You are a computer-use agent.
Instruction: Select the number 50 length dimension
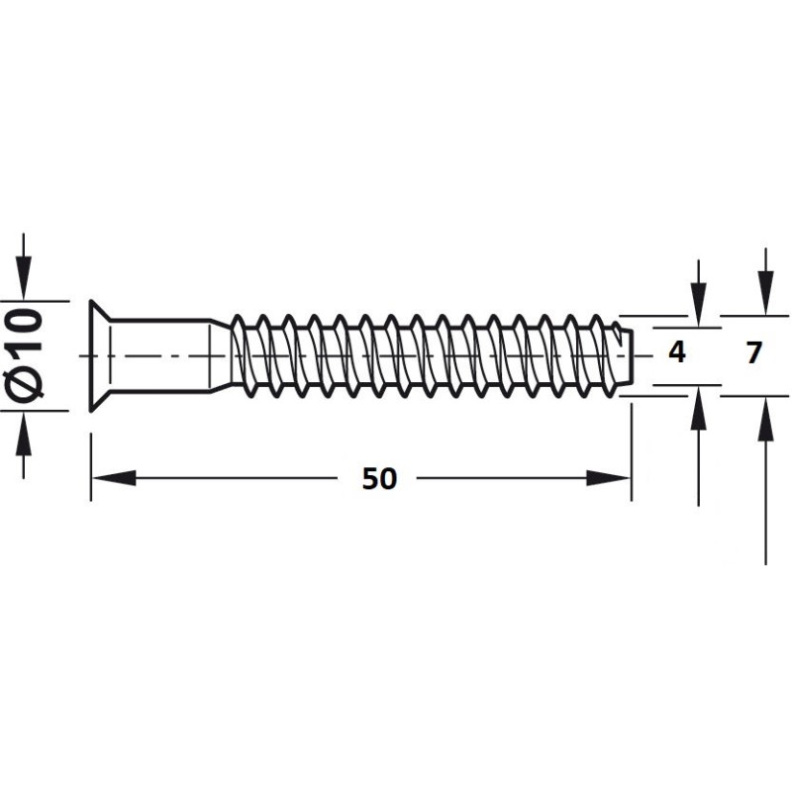[380, 479]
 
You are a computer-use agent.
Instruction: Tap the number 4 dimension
[677, 352]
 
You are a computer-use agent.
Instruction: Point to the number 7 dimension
[753, 352]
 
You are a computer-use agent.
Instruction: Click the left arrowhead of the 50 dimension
[114, 478]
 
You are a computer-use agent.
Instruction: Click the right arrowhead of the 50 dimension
[608, 478]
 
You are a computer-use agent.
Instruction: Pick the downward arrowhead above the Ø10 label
[23, 278]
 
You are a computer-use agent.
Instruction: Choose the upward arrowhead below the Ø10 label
[23, 434]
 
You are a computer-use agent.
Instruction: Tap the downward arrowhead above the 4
[699, 305]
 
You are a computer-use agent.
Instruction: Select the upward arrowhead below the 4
[699, 408]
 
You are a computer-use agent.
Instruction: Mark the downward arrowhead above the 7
[765, 293]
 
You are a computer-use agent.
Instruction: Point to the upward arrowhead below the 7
[765, 418]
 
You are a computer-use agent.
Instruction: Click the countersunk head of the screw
[100, 355]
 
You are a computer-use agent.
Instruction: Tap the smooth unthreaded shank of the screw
[160, 355]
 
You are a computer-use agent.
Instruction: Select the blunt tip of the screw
[625, 355]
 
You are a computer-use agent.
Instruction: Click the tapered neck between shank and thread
[221, 355]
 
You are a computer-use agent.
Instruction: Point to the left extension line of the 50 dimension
[90, 467]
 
